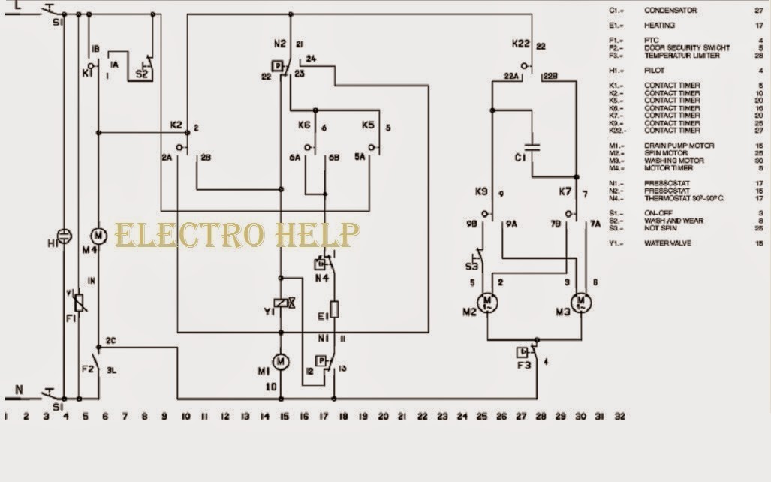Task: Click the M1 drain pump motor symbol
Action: point(281,362)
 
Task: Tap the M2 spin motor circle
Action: point(488,303)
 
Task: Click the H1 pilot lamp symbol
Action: point(64,236)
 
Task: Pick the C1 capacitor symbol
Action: point(533,147)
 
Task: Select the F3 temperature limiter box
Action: point(523,352)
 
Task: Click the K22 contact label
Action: point(521,44)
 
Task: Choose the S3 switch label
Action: point(471,266)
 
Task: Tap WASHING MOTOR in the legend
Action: point(671,161)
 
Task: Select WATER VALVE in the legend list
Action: point(667,243)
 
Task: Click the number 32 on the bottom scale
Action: point(619,415)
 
